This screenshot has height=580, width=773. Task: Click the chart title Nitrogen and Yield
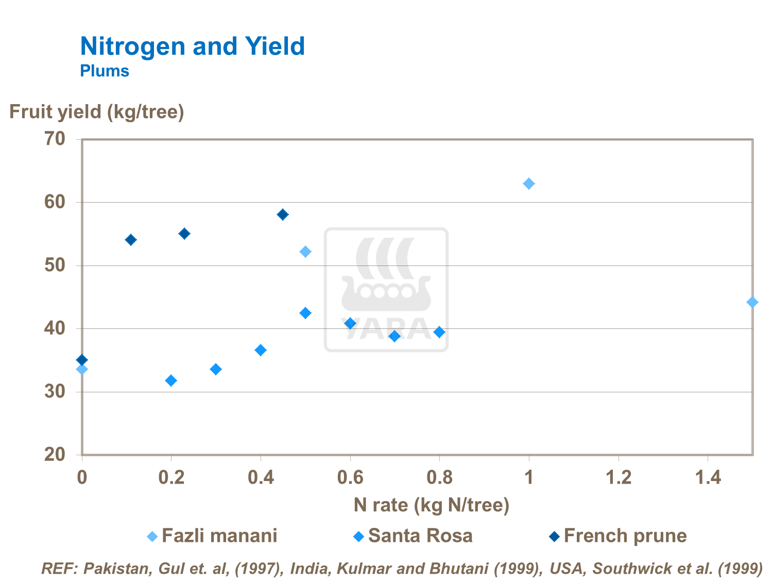click(192, 46)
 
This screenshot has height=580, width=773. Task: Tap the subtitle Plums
click(105, 71)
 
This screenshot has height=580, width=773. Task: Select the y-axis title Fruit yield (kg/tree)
click(97, 112)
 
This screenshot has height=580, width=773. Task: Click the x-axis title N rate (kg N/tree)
click(431, 505)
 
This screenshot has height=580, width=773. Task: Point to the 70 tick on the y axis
click(55, 139)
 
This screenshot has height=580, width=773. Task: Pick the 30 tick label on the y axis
click(55, 392)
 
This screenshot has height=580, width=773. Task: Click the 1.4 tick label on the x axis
click(708, 478)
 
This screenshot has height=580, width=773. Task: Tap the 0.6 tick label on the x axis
click(350, 478)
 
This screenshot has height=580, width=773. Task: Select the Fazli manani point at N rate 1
click(529, 184)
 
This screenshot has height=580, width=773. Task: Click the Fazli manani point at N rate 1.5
click(752, 302)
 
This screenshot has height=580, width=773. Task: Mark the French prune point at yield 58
click(283, 214)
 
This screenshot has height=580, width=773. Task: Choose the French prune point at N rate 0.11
click(131, 240)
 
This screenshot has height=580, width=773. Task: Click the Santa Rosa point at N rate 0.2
click(171, 380)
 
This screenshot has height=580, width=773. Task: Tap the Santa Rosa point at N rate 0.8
click(439, 332)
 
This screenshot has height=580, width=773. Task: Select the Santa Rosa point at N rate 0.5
click(305, 313)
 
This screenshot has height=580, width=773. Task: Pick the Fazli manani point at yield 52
click(305, 252)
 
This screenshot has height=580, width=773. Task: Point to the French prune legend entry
click(618, 536)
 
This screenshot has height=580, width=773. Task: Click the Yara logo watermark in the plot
click(386, 290)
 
